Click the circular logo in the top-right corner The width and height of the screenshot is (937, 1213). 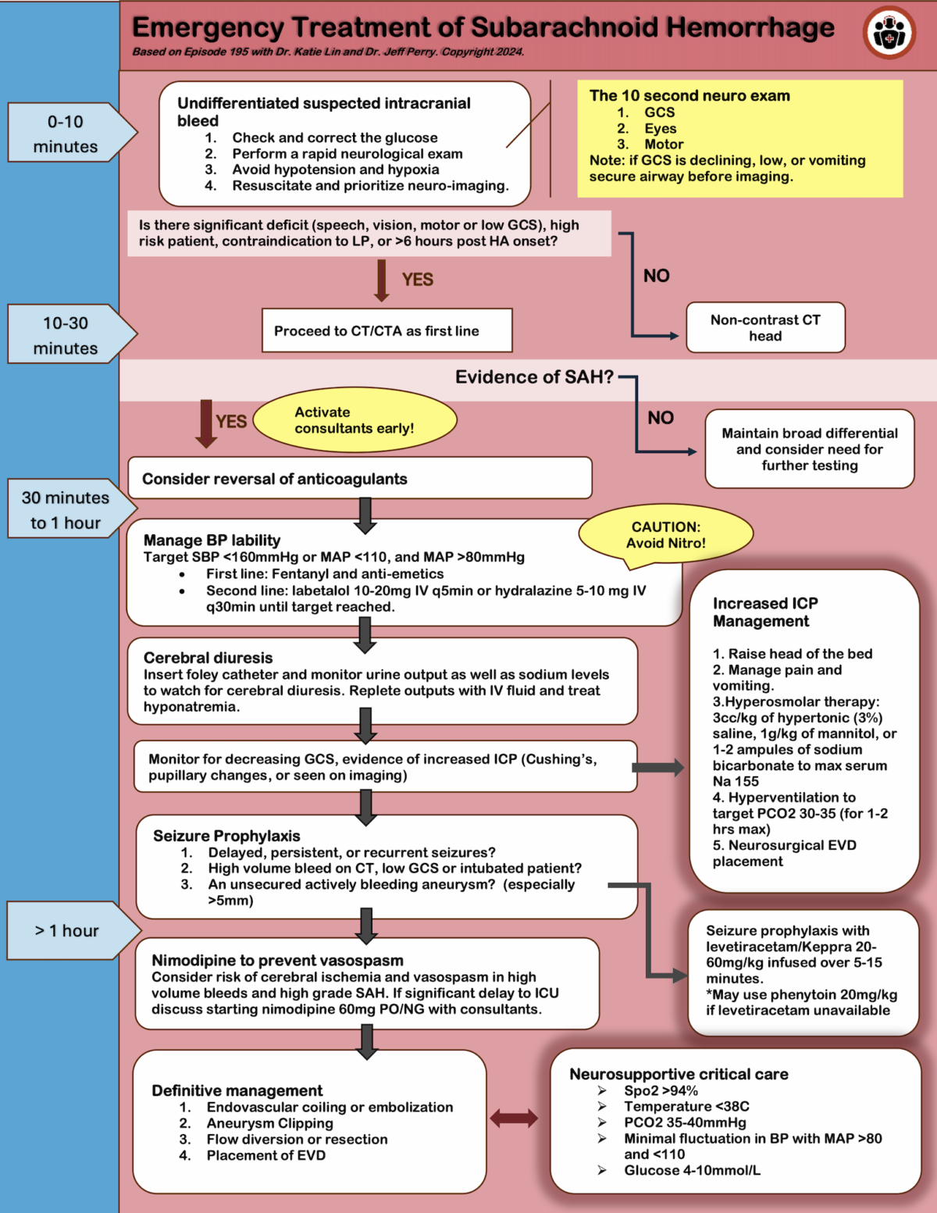pyautogui.click(x=889, y=33)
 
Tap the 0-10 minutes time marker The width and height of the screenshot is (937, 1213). pyautogui.click(x=66, y=134)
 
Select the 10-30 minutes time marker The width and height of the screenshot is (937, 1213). pyautogui.click(x=66, y=335)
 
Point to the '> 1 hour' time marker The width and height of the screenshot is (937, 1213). pyautogui.click(x=68, y=930)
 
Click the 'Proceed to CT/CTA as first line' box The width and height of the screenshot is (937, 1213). pyautogui.click(x=387, y=330)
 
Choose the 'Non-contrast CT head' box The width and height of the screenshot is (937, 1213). pyautogui.click(x=765, y=328)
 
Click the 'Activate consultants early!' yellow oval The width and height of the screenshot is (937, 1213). pyautogui.click(x=354, y=420)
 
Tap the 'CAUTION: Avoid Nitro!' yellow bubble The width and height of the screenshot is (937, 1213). pyautogui.click(x=665, y=535)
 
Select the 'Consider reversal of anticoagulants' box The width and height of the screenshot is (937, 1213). pyautogui.click(x=359, y=479)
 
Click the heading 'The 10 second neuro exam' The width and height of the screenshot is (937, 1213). pyautogui.click(x=689, y=95)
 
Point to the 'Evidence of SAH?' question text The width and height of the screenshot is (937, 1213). pyautogui.click(x=534, y=377)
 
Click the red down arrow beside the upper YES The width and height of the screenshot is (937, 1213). pyautogui.click(x=382, y=280)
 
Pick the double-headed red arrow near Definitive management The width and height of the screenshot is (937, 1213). pyautogui.click(x=514, y=1118)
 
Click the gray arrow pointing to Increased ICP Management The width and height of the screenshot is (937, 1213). pyautogui.click(x=657, y=767)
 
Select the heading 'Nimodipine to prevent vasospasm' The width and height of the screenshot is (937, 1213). pyautogui.click(x=277, y=960)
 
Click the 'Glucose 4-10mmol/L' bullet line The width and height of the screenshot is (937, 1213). pyautogui.click(x=692, y=1170)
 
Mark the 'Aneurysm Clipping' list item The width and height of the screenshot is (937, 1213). pyautogui.click(x=269, y=1123)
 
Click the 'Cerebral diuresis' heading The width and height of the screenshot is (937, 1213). pyautogui.click(x=208, y=658)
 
